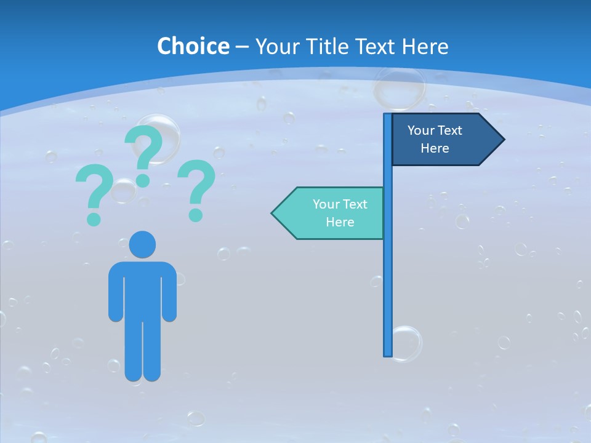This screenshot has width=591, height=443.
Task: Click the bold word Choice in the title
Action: tap(193, 47)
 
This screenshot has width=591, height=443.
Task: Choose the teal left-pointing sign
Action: tap(332, 213)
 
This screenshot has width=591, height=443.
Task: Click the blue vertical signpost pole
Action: tap(388, 277)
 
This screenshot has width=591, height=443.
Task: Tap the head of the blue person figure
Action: tap(142, 244)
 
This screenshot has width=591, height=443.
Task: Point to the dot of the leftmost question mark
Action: tap(94, 218)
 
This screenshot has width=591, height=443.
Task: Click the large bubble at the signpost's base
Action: tap(406, 343)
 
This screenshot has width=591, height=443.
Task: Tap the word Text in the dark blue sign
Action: tap(449, 130)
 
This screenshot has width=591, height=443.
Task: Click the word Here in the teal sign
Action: tap(340, 222)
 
